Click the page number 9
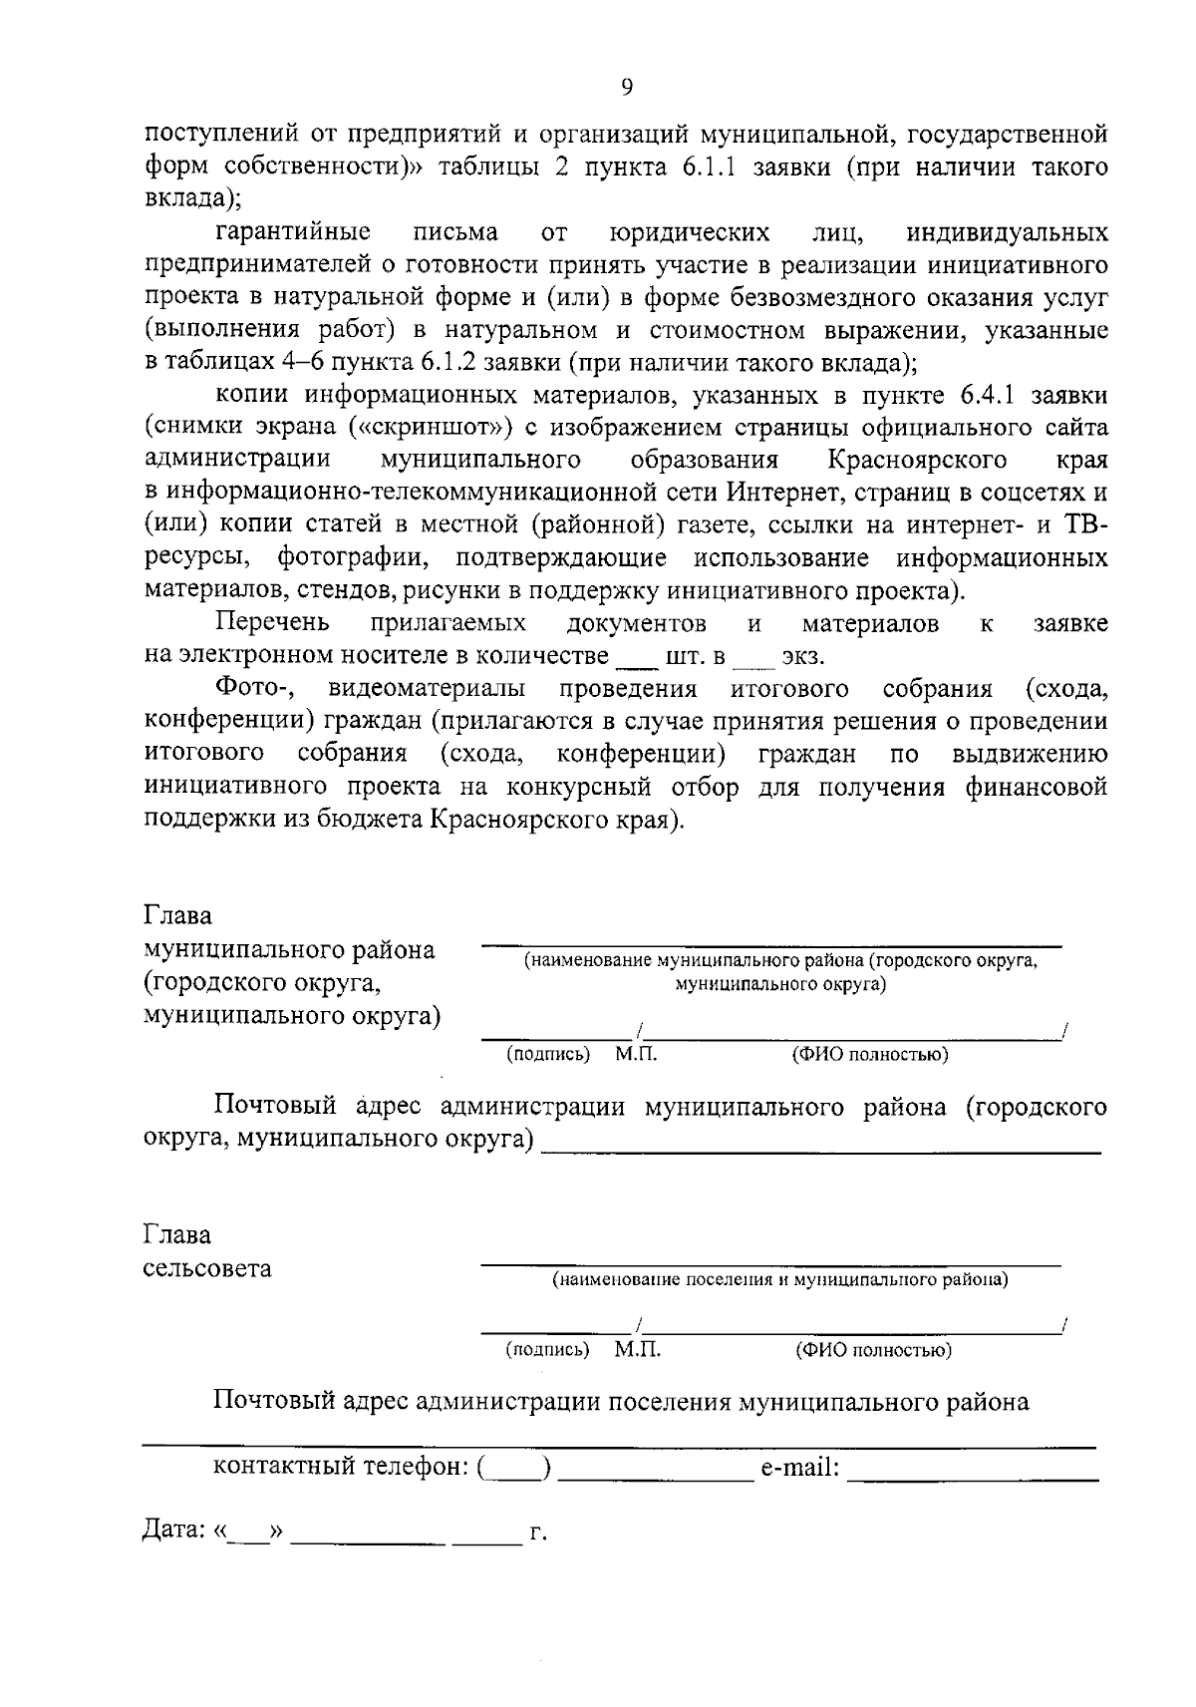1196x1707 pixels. (626, 88)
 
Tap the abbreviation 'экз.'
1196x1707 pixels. (803, 658)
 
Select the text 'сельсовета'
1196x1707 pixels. (207, 1269)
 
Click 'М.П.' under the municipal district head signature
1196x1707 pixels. (637, 1054)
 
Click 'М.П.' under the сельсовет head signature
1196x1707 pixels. (638, 1350)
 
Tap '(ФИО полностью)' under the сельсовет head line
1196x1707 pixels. (873, 1351)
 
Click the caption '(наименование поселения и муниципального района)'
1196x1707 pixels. (780, 1280)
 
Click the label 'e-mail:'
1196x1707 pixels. (799, 1468)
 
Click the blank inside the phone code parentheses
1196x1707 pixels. (514, 1470)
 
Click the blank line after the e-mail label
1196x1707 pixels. (973, 1471)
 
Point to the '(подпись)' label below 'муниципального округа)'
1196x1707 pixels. (548, 1054)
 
